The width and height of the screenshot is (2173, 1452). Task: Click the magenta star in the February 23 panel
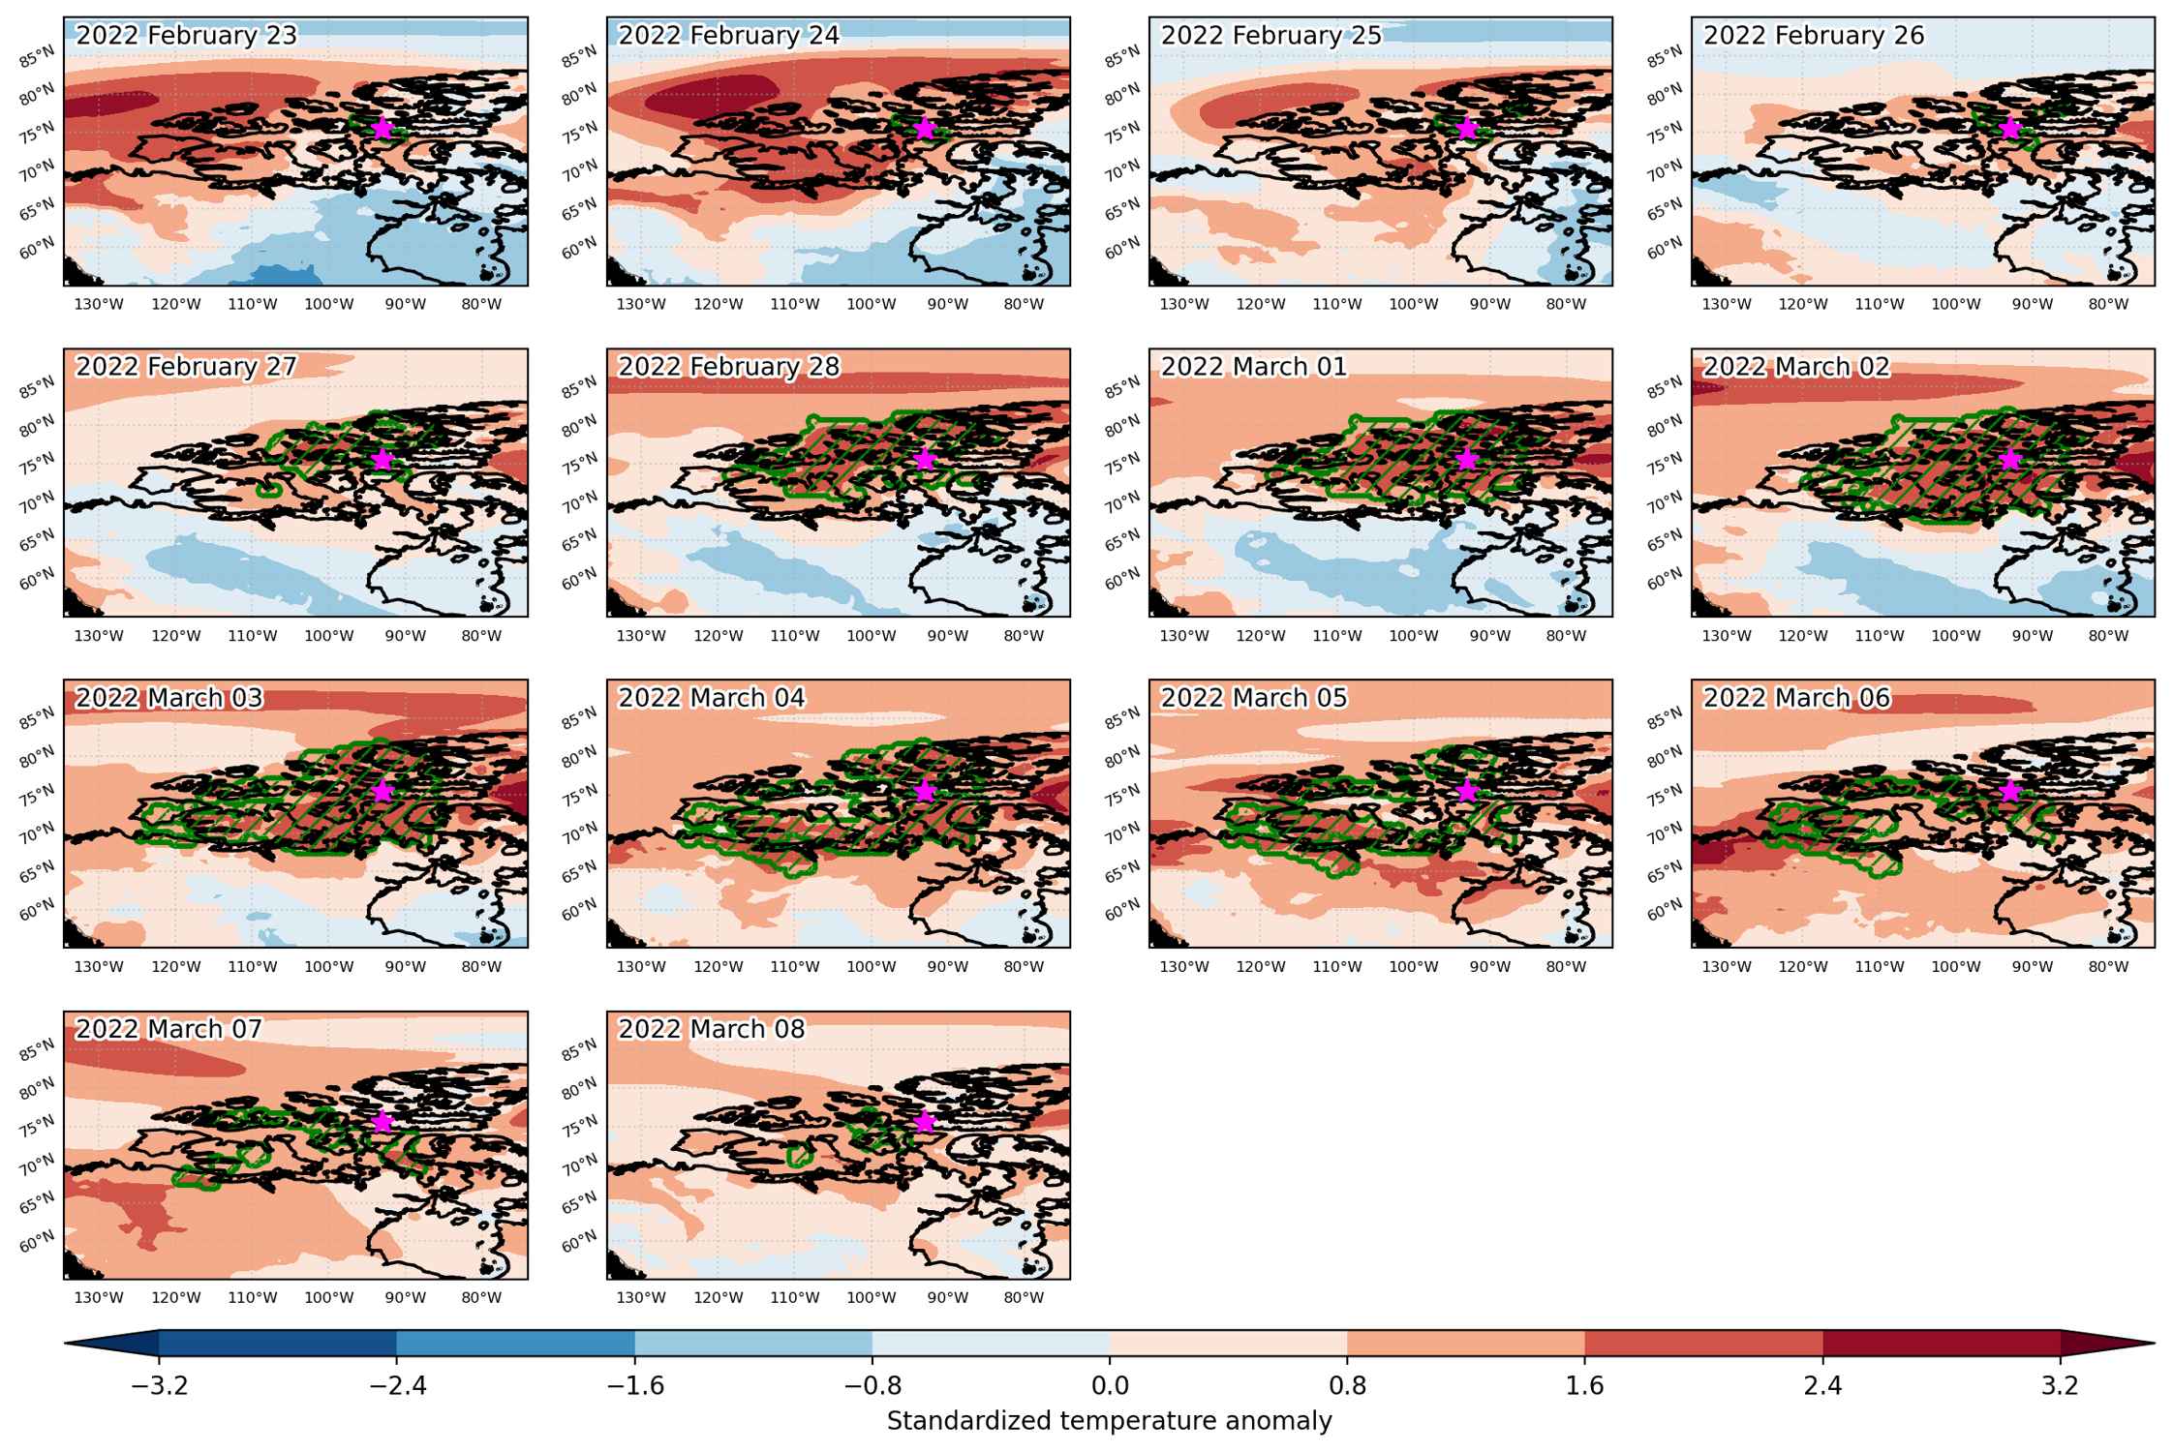pyautogui.click(x=382, y=127)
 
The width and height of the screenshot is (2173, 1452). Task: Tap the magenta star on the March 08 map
pyautogui.click(x=924, y=1121)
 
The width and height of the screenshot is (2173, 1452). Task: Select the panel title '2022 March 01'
pyautogui.click(x=1254, y=367)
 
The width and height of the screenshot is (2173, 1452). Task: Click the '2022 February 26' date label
pyautogui.click(x=1814, y=36)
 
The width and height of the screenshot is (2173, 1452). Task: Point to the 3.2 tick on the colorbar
pyautogui.click(x=2060, y=1386)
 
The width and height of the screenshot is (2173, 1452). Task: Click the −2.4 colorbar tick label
pyautogui.click(x=397, y=1386)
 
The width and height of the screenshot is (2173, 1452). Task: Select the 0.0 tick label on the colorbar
pyautogui.click(x=1110, y=1386)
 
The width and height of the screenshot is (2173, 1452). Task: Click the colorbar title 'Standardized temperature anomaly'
pyautogui.click(x=1110, y=1421)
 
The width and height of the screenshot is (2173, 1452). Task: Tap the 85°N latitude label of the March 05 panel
pyautogui.click(x=1122, y=719)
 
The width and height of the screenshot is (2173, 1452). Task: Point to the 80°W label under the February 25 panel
pyautogui.click(x=1566, y=304)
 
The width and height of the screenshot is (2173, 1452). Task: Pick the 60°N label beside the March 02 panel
pyautogui.click(x=1665, y=580)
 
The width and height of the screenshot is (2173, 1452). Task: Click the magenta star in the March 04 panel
pyautogui.click(x=924, y=790)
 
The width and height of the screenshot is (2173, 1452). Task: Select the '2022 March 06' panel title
pyautogui.click(x=1797, y=698)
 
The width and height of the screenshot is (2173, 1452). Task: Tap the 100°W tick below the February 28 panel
pyautogui.click(x=872, y=636)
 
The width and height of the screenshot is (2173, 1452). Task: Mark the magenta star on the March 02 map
pyautogui.click(x=2009, y=459)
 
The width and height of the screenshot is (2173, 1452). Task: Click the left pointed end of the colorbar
pyautogui.click(x=66, y=1344)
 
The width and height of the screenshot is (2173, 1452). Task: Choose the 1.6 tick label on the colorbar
pyautogui.click(x=1585, y=1386)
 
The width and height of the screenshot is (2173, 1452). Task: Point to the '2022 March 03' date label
pyautogui.click(x=169, y=698)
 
